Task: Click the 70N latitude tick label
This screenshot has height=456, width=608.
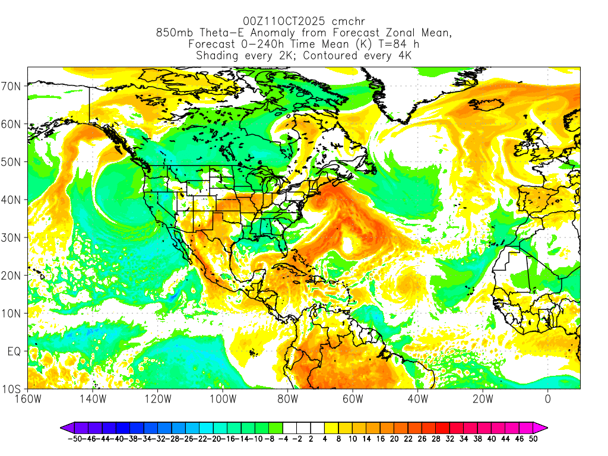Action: click(x=13, y=86)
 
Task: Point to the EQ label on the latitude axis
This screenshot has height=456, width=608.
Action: click(x=14, y=351)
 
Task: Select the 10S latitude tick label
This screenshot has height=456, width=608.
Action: click(x=13, y=389)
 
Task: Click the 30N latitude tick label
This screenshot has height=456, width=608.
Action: click(x=13, y=237)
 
